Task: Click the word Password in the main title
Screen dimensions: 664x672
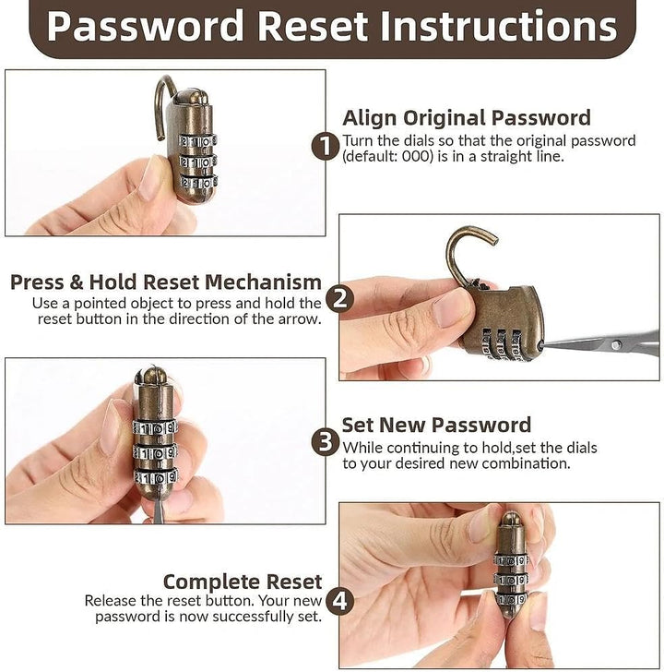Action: click(x=146, y=27)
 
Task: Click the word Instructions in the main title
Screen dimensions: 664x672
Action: click(x=498, y=26)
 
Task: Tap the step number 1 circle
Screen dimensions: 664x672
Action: click(x=326, y=147)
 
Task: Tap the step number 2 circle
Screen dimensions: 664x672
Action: click(x=340, y=299)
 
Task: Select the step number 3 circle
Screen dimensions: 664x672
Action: click(x=326, y=442)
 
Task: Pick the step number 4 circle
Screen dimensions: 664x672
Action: click(x=340, y=601)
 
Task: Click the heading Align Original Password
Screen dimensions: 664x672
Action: click(x=467, y=118)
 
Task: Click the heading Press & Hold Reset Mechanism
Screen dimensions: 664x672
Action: click(x=166, y=282)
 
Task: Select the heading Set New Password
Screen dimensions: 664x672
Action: click(x=436, y=426)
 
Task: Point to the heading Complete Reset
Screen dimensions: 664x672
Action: click(x=243, y=582)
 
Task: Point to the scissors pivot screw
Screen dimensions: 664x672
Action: click(x=616, y=344)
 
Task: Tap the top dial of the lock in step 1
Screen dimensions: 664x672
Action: click(x=197, y=141)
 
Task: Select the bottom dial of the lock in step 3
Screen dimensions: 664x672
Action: click(x=156, y=477)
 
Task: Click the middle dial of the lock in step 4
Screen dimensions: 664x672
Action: click(x=511, y=580)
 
